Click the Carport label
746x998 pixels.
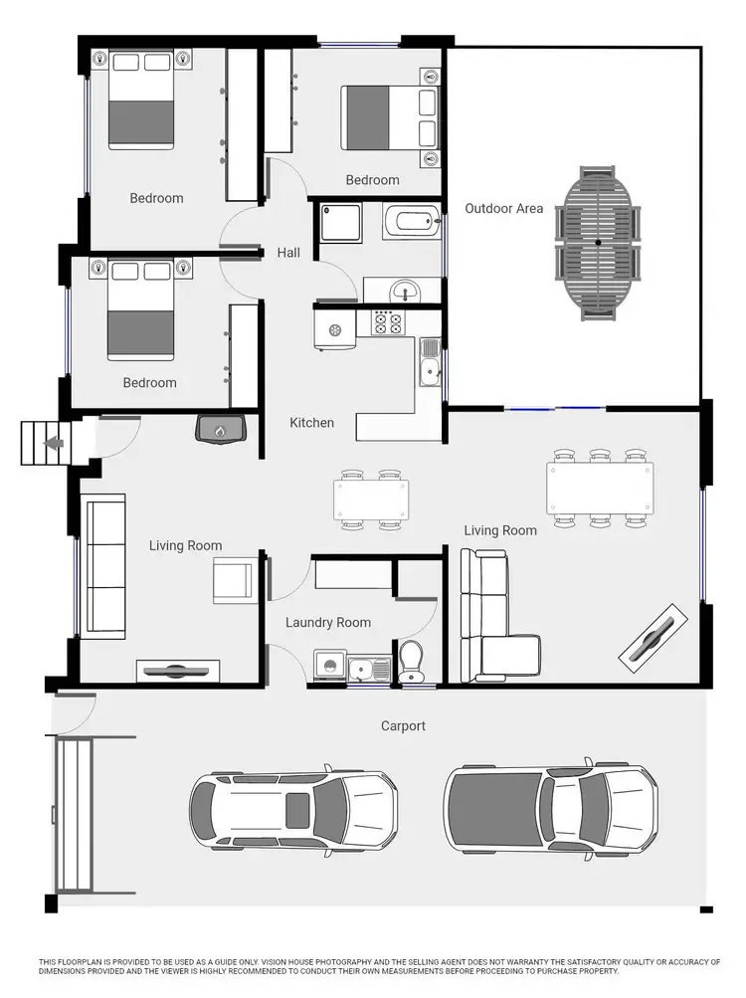(403, 726)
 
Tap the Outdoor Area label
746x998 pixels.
(504, 208)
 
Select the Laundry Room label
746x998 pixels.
(327, 623)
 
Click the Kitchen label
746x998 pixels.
(311, 423)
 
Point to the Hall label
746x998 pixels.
(288, 253)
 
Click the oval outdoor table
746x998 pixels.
(598, 243)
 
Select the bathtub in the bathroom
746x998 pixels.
(410, 221)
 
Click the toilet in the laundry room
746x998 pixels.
(410, 662)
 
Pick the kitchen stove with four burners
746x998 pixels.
(386, 322)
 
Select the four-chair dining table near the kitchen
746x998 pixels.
(370, 498)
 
